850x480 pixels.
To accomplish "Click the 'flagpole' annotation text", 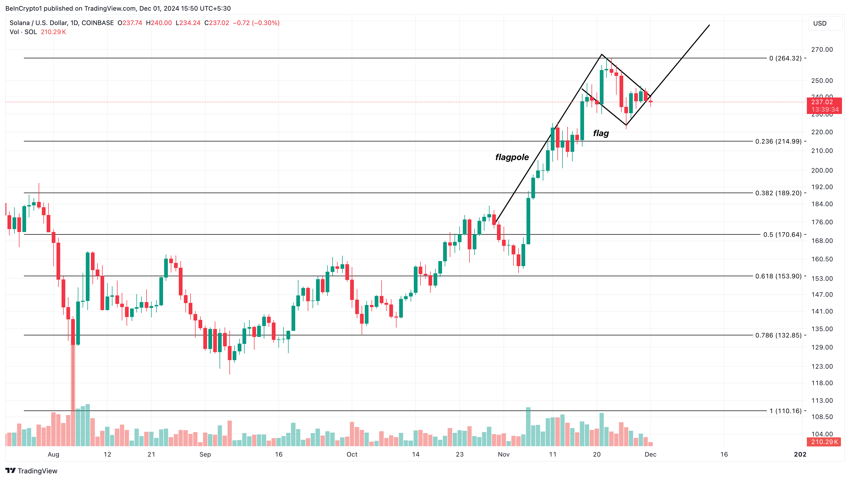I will [512, 157].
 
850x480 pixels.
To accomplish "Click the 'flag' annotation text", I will [601, 133].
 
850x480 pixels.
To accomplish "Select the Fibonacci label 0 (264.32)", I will [785, 58].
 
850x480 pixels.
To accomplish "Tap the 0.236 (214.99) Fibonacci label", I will [778, 141].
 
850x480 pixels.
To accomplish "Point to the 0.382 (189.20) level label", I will [778, 193].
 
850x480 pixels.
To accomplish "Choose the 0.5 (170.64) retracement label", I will [782, 235].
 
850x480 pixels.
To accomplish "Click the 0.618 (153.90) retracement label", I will [778, 276].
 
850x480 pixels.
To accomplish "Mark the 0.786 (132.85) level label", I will [778, 335].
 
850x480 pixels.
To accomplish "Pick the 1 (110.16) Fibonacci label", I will [785, 411].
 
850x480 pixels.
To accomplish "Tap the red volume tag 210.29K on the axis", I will [824, 442].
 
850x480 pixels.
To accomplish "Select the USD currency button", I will [820, 23].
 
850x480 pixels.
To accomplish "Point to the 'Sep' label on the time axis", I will [205, 454].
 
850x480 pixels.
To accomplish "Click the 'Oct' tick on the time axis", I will [352, 454].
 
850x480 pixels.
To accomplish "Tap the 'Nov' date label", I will [504, 454].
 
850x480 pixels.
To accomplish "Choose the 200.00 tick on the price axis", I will [822, 170].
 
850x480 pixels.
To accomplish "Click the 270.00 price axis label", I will [822, 50].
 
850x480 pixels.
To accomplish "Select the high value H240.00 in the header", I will [159, 23].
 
